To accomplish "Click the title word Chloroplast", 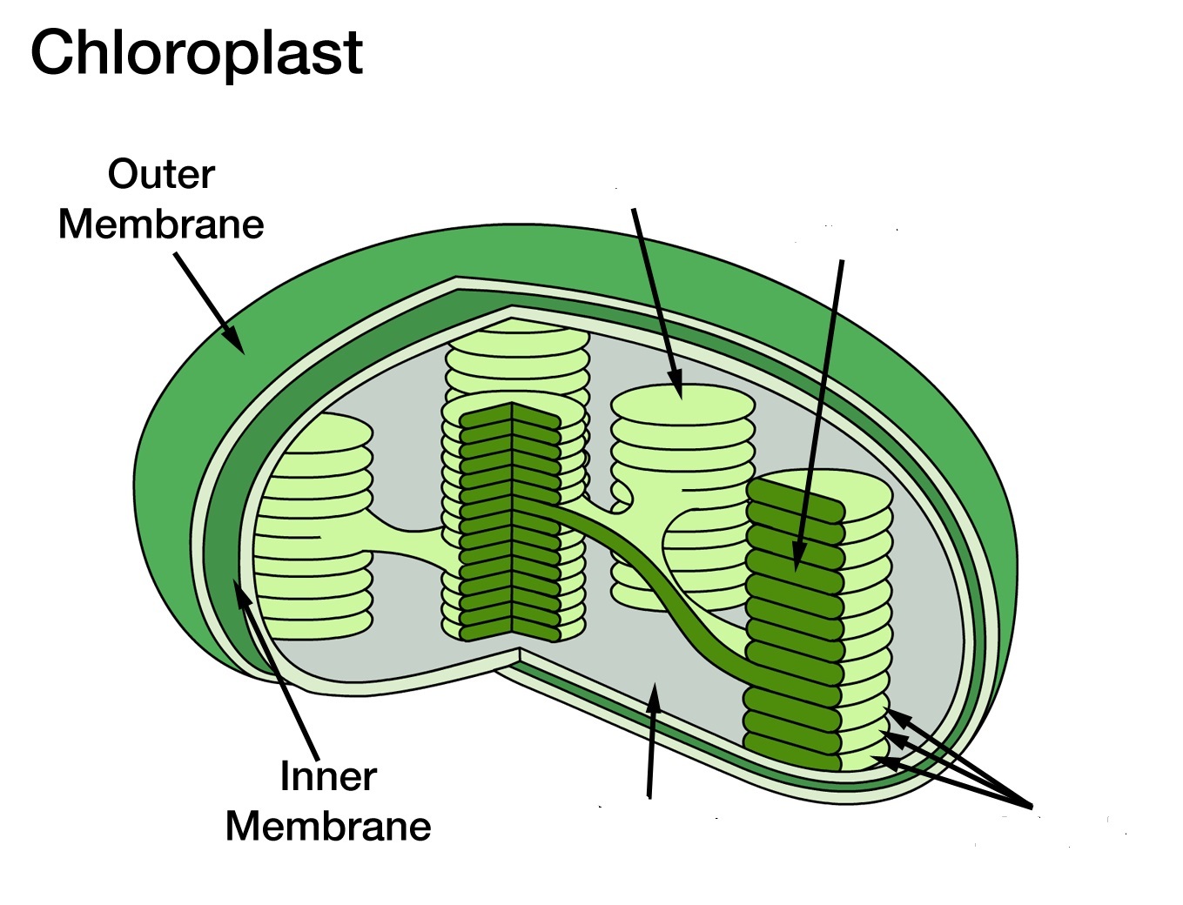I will [196, 52].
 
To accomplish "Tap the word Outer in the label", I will [161, 174].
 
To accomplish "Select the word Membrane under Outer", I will [161, 224].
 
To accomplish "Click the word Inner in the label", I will [328, 776].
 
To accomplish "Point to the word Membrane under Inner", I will [328, 826].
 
